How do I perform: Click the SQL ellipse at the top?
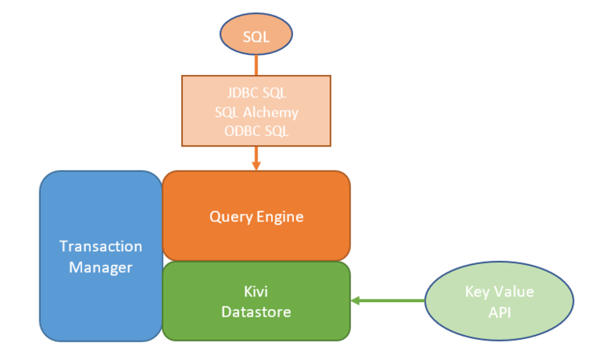click(x=256, y=36)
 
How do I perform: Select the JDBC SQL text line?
click(x=256, y=95)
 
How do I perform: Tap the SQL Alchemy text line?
click(x=256, y=113)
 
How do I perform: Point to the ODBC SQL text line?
click(x=256, y=130)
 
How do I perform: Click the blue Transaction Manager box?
click(x=101, y=255)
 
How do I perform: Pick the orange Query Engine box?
click(x=256, y=216)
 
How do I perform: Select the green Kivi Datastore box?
click(x=256, y=300)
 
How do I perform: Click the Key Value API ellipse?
click(x=499, y=301)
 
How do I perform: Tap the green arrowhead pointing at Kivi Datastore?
click(x=356, y=301)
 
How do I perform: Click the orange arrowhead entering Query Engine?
click(x=256, y=165)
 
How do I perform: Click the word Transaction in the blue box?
click(x=101, y=246)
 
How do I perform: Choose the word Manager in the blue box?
click(x=101, y=267)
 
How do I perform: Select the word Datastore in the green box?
click(x=256, y=311)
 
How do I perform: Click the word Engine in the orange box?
click(x=281, y=217)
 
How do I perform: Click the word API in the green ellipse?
click(x=499, y=312)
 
